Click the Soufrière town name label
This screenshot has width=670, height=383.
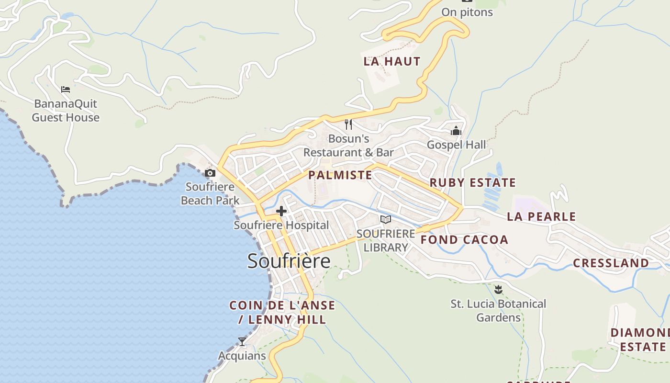tap(289, 261)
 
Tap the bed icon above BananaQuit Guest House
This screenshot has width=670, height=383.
tap(66, 89)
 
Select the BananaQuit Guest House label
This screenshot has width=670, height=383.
tap(66, 111)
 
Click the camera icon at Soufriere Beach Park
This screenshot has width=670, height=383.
tap(210, 173)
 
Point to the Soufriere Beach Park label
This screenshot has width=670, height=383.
tap(210, 193)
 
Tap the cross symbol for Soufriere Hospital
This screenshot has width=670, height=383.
tap(281, 211)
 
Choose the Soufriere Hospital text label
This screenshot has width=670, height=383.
tap(281, 225)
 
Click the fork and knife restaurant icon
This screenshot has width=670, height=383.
tap(348, 124)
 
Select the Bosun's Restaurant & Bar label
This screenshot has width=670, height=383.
tap(348, 146)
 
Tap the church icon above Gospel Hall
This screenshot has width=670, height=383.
tap(456, 131)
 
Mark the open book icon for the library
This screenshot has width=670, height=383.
tap(385, 219)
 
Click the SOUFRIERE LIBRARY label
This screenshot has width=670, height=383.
tap(386, 240)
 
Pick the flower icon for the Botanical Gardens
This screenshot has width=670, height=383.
tap(498, 289)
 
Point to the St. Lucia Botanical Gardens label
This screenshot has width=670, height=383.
tap(498, 310)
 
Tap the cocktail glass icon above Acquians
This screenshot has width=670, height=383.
tap(242, 342)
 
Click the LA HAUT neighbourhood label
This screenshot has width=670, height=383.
tap(392, 61)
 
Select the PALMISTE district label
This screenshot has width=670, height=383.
tap(340, 175)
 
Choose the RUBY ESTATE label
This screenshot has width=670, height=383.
tap(472, 182)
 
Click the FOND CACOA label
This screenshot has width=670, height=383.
tap(464, 240)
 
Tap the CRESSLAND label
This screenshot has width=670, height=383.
tap(611, 263)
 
